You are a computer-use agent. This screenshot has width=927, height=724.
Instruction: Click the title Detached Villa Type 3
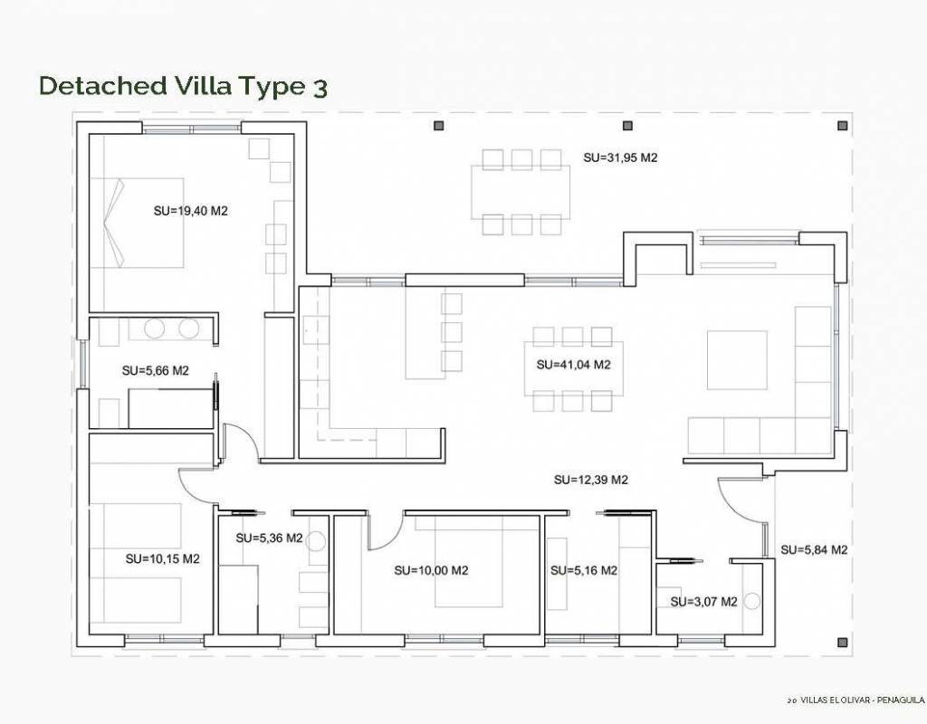pyautogui.click(x=183, y=86)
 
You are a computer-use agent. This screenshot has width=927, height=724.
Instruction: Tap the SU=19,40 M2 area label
pyautogui.click(x=190, y=211)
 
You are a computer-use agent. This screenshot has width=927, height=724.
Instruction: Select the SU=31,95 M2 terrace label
pyautogui.click(x=620, y=157)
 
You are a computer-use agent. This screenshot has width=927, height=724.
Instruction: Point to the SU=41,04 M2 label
pyautogui.click(x=573, y=365)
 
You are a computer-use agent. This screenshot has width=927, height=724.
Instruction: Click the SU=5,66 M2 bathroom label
pyautogui.click(x=156, y=370)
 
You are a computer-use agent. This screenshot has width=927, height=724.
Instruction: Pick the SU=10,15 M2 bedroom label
pyautogui.click(x=163, y=558)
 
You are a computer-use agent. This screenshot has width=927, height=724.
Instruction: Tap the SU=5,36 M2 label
pyautogui.click(x=269, y=538)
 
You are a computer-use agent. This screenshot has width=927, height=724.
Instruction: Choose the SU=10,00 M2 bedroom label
pyautogui.click(x=432, y=570)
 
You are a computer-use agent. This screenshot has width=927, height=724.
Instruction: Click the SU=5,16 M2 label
pyautogui.click(x=584, y=570)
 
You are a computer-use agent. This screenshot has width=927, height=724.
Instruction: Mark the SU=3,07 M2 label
pyautogui.click(x=704, y=602)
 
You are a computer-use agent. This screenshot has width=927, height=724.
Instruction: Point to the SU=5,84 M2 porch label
pyautogui.click(x=814, y=549)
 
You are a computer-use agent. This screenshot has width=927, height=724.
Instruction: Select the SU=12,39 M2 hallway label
pyautogui.click(x=590, y=480)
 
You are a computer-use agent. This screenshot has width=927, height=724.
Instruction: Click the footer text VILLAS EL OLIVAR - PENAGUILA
pyautogui.click(x=862, y=700)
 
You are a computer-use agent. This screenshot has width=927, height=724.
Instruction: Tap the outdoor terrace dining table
pyautogui.click(x=521, y=192)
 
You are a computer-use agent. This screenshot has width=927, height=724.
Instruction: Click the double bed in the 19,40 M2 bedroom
pyautogui.click(x=137, y=223)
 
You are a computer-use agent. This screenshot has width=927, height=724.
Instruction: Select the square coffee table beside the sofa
pyautogui.click(x=737, y=360)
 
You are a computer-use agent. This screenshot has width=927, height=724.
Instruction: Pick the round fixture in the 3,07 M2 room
pyautogui.click(x=752, y=602)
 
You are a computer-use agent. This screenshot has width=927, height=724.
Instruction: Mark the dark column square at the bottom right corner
pyautogui.click(x=843, y=643)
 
